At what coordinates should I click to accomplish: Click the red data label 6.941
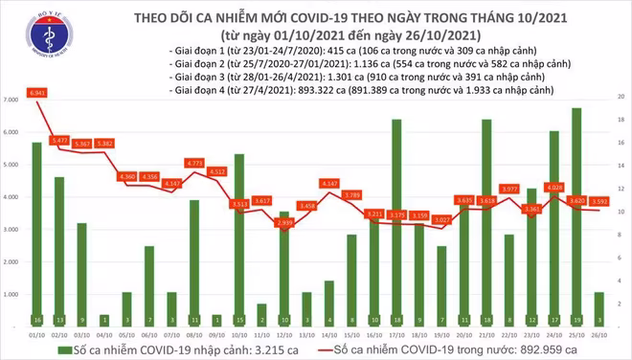37,91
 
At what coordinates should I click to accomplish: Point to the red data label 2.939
283,222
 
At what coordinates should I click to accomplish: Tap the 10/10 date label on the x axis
238,336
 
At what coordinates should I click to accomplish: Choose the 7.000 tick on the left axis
13,100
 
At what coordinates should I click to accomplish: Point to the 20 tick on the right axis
621,98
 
